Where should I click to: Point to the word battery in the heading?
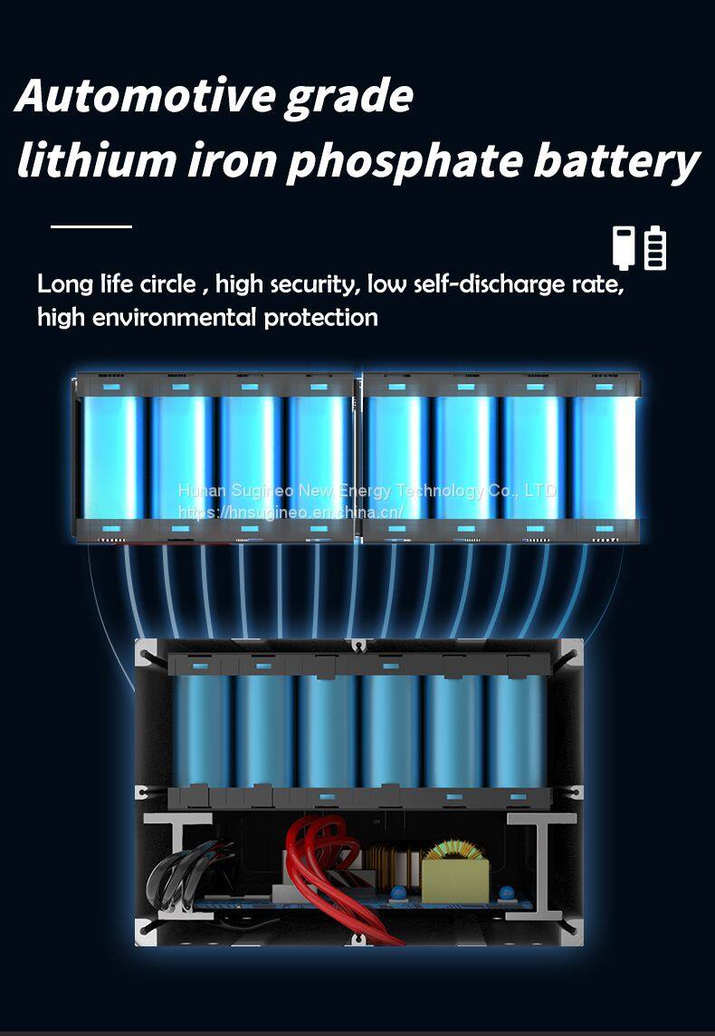pyautogui.click(x=615, y=160)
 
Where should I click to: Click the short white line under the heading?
pyautogui.click(x=91, y=225)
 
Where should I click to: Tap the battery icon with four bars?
pyautogui.click(x=655, y=248)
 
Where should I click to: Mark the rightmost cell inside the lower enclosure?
pyautogui.click(x=516, y=730)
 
